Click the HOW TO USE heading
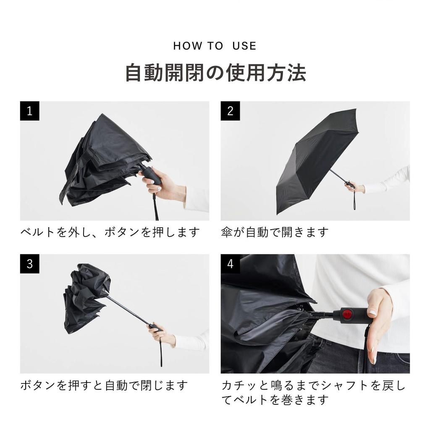click(x=215, y=46)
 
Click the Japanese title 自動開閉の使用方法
click(x=215, y=73)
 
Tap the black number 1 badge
click(x=29, y=111)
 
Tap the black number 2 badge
click(x=230, y=111)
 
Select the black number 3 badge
click(x=29, y=264)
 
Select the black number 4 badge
click(x=230, y=264)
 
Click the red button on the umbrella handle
click(x=347, y=314)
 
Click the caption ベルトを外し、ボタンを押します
click(x=110, y=232)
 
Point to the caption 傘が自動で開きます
click(x=275, y=232)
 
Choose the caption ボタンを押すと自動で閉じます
click(x=104, y=385)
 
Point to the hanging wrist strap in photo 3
click(x=160, y=351)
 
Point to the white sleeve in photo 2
click(x=388, y=182)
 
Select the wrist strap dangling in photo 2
click(x=355, y=202)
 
